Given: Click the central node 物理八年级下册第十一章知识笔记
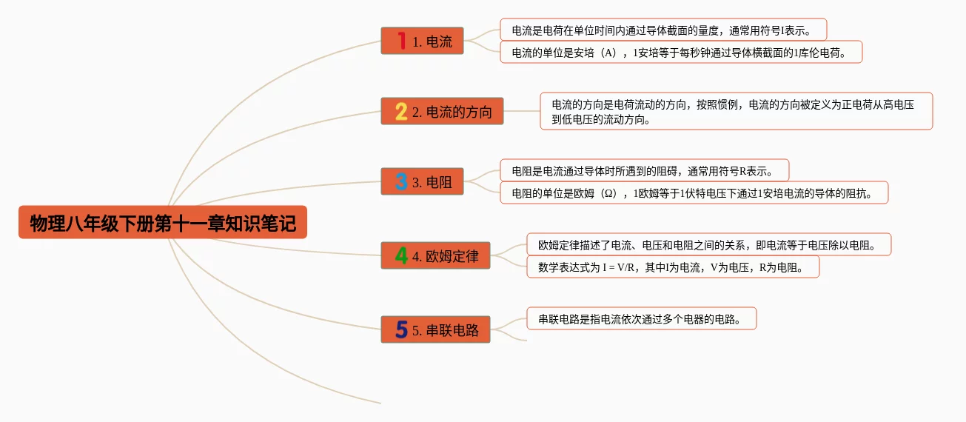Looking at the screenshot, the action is tap(163, 223).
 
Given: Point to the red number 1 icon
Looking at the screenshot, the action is tap(401, 41).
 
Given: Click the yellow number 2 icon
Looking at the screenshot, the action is tap(401, 112).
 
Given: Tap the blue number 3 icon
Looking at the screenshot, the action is tap(401, 182).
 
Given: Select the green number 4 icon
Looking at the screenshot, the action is tap(401, 256).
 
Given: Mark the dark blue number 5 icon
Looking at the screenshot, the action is tap(401, 330).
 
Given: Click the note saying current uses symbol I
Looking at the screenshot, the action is tap(663, 30).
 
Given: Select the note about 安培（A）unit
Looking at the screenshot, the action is tap(681, 53).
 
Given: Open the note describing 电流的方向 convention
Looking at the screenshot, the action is tap(736, 112).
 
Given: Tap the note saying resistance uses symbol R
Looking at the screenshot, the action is tap(644, 171).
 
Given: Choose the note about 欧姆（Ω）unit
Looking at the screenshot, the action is tap(694, 193).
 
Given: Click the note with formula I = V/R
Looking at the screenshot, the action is tap(673, 267).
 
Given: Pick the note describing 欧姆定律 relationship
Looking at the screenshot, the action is tap(708, 245).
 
